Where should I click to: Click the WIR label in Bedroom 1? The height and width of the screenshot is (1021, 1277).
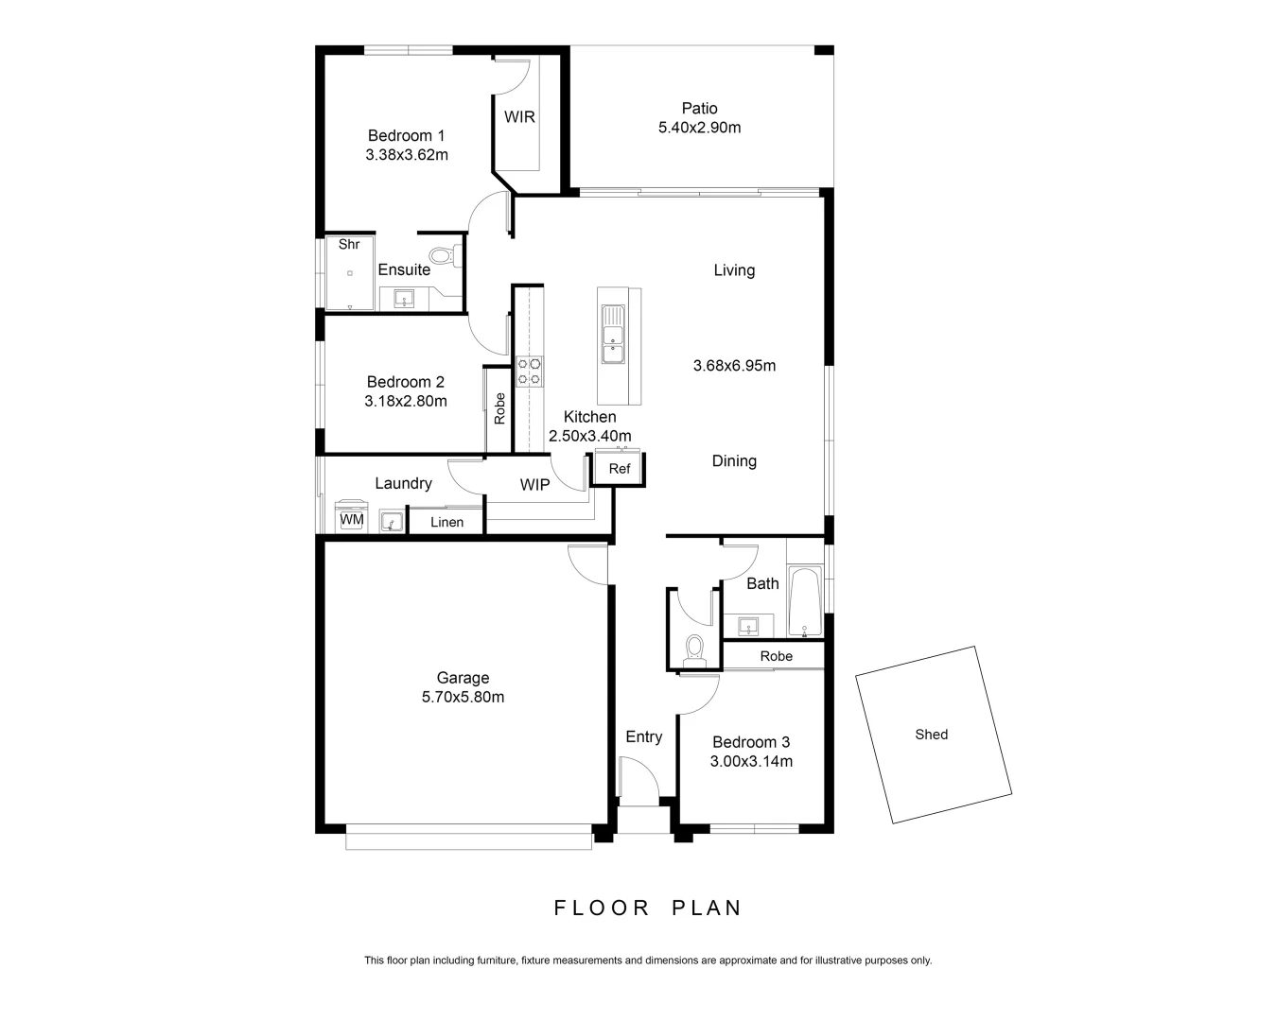tap(519, 117)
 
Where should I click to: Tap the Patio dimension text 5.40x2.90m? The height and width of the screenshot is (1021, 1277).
tap(699, 128)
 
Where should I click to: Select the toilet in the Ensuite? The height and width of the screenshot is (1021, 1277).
tap(441, 255)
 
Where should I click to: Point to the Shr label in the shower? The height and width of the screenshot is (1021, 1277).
tap(349, 244)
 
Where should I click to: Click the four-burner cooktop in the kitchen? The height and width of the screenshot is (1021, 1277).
tap(530, 371)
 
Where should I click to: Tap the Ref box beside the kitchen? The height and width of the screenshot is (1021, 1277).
tap(620, 469)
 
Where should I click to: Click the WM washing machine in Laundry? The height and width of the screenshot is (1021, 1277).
tap(352, 519)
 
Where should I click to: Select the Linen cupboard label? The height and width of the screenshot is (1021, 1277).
tap(446, 522)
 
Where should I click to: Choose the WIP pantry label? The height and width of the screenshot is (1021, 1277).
tap(534, 485)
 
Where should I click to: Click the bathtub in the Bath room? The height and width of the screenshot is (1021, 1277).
tap(805, 602)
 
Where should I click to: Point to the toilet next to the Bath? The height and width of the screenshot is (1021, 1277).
tap(695, 647)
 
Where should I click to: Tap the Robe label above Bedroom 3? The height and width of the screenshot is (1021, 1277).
tap(777, 656)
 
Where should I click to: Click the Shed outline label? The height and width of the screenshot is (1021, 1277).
tap(932, 735)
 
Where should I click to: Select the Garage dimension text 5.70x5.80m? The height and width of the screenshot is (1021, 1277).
tap(463, 698)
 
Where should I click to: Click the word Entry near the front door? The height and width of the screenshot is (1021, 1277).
tap(644, 737)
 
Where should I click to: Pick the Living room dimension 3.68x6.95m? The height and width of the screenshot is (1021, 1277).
tap(734, 366)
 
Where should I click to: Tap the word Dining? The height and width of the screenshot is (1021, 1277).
tap(734, 461)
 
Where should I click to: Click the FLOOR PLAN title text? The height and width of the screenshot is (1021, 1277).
tap(648, 909)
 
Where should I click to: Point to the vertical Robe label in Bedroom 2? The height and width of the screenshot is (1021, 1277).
tap(499, 408)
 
